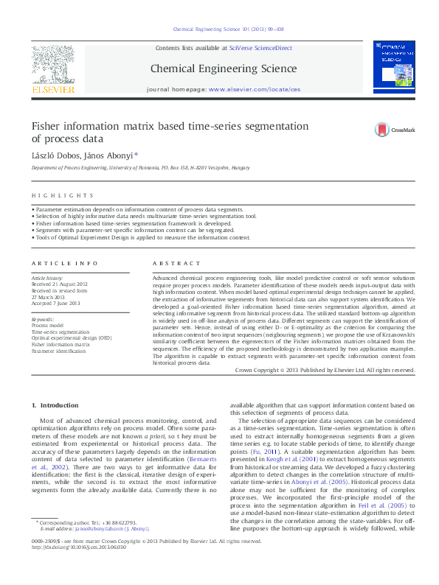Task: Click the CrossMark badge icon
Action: (x=384, y=130)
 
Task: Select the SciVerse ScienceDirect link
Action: (x=260, y=48)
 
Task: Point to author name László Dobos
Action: (x=55, y=155)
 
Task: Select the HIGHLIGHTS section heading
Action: (x=63, y=195)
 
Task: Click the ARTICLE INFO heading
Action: (x=64, y=263)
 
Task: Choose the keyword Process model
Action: (x=47, y=325)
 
